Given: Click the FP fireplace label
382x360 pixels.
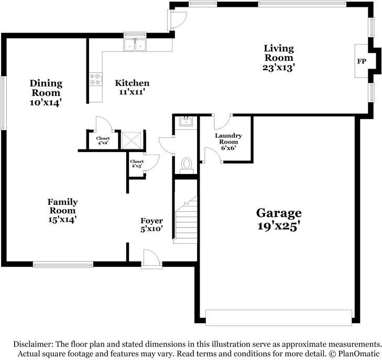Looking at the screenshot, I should pos(361,61).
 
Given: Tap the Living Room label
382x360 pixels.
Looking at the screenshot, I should pos(278,58).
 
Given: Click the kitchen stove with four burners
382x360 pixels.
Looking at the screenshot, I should pos(95,80).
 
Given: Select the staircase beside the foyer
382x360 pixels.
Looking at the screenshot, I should pos(185,219).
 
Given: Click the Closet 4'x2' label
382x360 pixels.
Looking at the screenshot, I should pos(102,140).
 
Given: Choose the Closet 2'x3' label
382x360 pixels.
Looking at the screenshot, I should pos(137,163).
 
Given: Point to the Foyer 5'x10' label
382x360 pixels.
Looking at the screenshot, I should pos(151,224).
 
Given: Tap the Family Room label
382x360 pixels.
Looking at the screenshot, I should pos(62,211).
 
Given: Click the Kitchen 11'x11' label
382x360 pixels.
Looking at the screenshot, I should pos(132,87).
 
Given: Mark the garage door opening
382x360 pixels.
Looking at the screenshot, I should pos(278,317).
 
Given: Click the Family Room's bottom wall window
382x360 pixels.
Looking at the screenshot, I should pos(63,264).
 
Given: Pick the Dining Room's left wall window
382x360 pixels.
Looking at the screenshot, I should pos(3,103).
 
